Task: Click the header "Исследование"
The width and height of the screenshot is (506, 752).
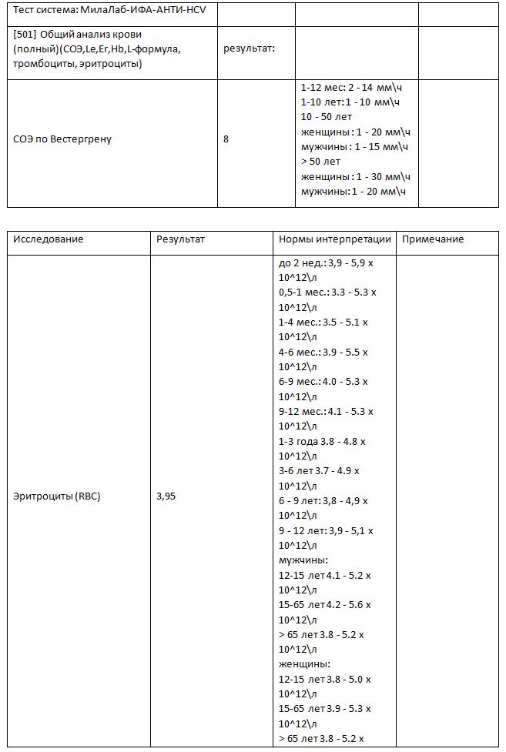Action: coord(48,239)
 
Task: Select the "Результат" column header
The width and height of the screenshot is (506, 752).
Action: coord(180,239)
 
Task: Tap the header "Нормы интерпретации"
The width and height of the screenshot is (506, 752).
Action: coord(335,239)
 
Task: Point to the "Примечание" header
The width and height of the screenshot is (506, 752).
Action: coord(433,239)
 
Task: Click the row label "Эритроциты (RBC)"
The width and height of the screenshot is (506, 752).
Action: coord(57,496)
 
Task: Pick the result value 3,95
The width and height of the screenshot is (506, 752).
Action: coord(166,496)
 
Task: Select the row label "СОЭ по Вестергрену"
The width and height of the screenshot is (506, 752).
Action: coord(62,139)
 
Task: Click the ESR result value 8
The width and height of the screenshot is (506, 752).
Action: coord(226,139)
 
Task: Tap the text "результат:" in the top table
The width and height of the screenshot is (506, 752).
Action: coord(249,48)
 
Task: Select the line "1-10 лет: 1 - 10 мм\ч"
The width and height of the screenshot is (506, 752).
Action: coord(350,102)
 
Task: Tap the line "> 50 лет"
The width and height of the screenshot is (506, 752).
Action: coord(320,162)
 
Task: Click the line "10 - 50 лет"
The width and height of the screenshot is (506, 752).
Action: coord(326,117)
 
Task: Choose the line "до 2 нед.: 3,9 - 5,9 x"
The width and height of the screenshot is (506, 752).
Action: coord(326,262)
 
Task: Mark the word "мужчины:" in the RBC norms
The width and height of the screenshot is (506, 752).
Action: coord(303,560)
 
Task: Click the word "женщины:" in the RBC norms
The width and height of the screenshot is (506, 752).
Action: coord(304,663)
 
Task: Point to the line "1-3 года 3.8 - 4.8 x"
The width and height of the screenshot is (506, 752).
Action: coord(322,441)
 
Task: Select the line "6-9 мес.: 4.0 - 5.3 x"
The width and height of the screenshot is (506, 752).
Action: coord(323,382)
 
